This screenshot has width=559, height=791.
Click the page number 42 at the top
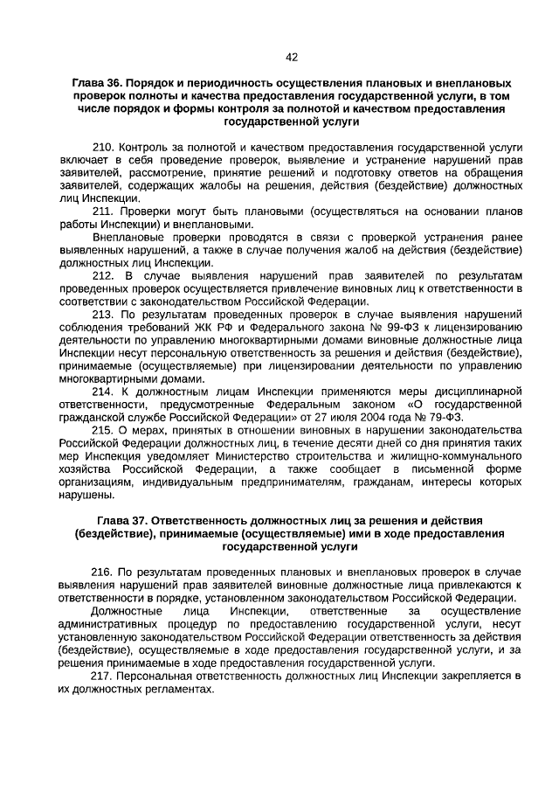(292, 58)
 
